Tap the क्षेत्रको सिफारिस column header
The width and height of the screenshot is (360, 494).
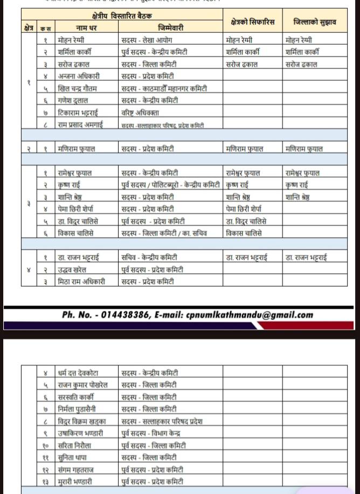(x=252, y=22)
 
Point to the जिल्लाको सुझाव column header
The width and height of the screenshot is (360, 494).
(x=315, y=22)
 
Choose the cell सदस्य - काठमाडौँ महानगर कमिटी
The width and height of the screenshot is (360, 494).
(x=164, y=88)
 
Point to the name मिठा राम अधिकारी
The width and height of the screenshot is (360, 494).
(x=81, y=281)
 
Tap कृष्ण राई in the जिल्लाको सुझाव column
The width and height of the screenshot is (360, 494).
(x=297, y=185)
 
